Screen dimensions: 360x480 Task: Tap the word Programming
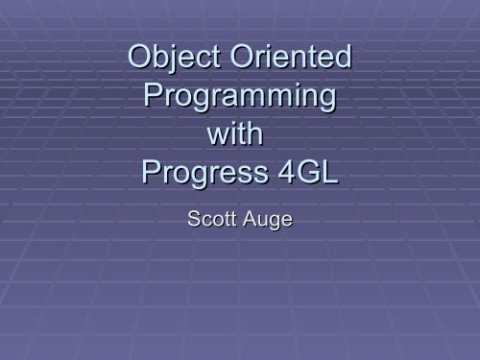tap(239, 99)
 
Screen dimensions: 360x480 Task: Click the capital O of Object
tap(140, 61)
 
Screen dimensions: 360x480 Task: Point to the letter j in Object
tap(179, 63)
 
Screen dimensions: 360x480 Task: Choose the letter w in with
tap(215, 137)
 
